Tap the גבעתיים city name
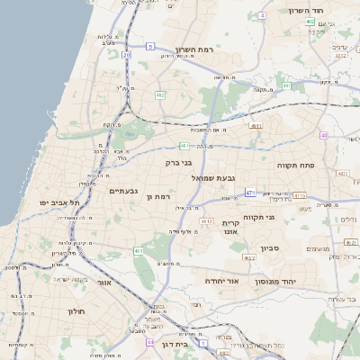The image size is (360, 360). click(123, 191)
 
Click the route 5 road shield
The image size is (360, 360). click(151, 45)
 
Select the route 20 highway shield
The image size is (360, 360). click(127, 55)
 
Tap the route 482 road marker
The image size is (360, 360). click(159, 94)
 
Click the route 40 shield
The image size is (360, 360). click(324, 136)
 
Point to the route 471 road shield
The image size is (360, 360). click(249, 193)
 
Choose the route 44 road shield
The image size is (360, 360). click(149, 343)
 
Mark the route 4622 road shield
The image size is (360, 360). click(236, 258)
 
